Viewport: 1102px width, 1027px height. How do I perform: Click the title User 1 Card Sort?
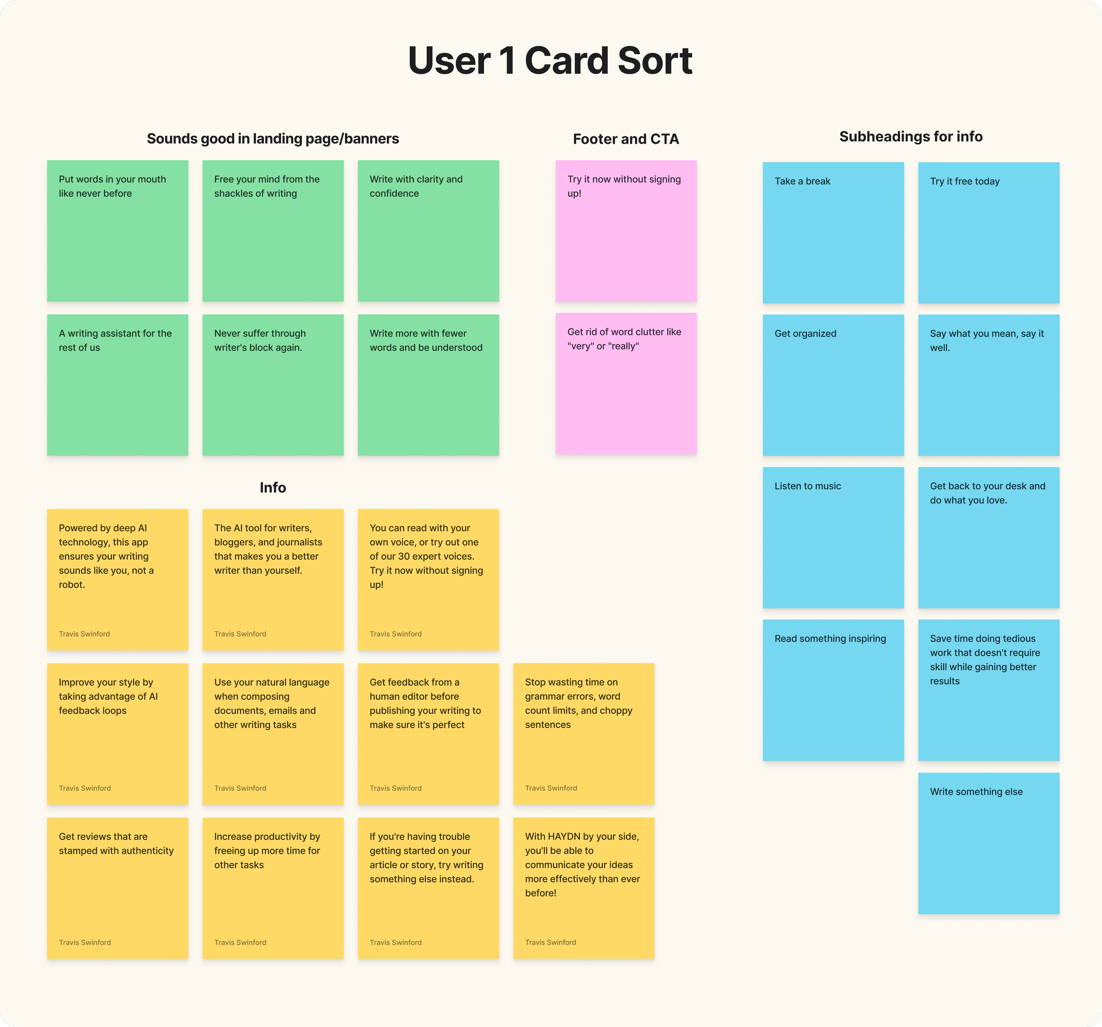pyautogui.click(x=550, y=60)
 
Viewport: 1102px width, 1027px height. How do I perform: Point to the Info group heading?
pyautogui.click(x=273, y=487)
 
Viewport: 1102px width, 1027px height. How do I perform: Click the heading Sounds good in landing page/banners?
pyautogui.click(x=273, y=138)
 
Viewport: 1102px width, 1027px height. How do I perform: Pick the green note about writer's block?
pyautogui.click(x=273, y=385)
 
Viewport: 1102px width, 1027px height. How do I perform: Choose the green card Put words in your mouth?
pyautogui.click(x=118, y=231)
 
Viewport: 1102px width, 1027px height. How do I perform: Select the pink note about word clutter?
pyautogui.click(x=626, y=384)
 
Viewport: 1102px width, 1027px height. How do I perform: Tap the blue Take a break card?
pyautogui.click(x=833, y=232)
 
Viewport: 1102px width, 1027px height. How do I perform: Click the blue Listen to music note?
pyautogui.click(x=833, y=538)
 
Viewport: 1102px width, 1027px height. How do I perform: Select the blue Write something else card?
pyautogui.click(x=988, y=843)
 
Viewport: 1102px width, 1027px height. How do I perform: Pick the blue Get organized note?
pyautogui.click(x=833, y=385)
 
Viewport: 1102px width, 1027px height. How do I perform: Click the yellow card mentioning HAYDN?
pyautogui.click(x=584, y=888)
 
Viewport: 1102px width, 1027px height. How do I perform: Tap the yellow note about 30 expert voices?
pyautogui.click(x=428, y=579)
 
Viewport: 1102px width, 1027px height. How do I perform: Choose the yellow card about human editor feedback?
pyautogui.click(x=428, y=734)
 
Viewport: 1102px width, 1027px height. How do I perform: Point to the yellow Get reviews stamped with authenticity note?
pyautogui.click(x=118, y=888)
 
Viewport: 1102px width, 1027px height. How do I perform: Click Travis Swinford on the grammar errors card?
pyautogui.click(x=551, y=788)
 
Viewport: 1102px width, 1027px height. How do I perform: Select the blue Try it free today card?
pyautogui.click(x=988, y=232)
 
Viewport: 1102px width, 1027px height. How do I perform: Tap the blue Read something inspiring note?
pyautogui.click(x=833, y=690)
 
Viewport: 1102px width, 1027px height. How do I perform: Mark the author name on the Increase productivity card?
pyautogui.click(x=240, y=942)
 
